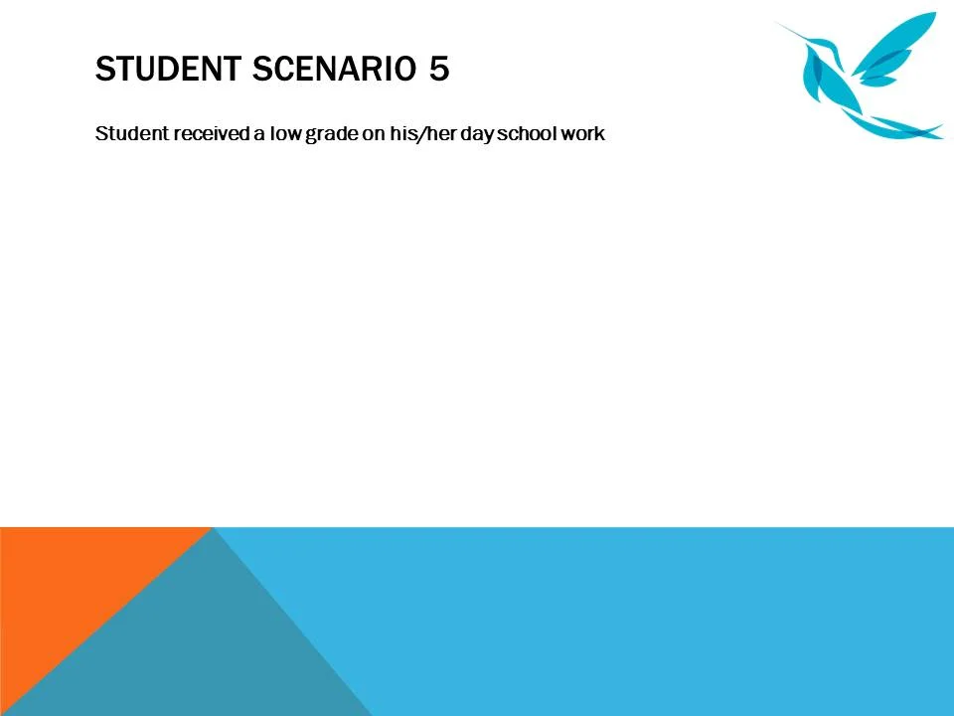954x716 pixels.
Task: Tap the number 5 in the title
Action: [439, 70]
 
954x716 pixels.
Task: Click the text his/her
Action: [423, 133]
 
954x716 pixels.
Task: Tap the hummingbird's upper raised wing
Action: [899, 40]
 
